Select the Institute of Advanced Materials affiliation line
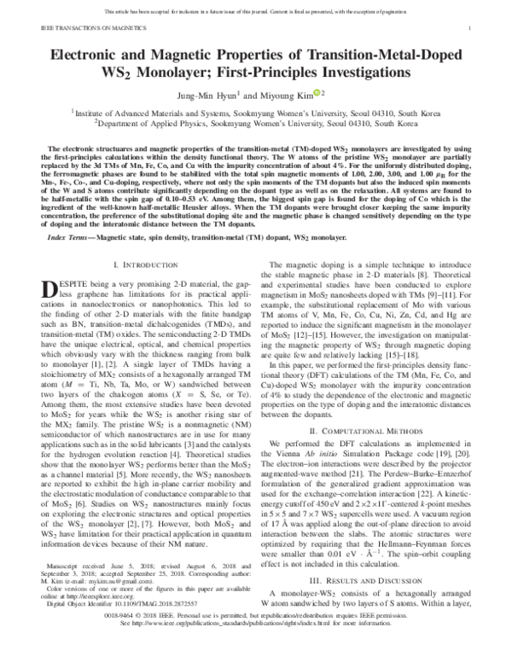[256, 111]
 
